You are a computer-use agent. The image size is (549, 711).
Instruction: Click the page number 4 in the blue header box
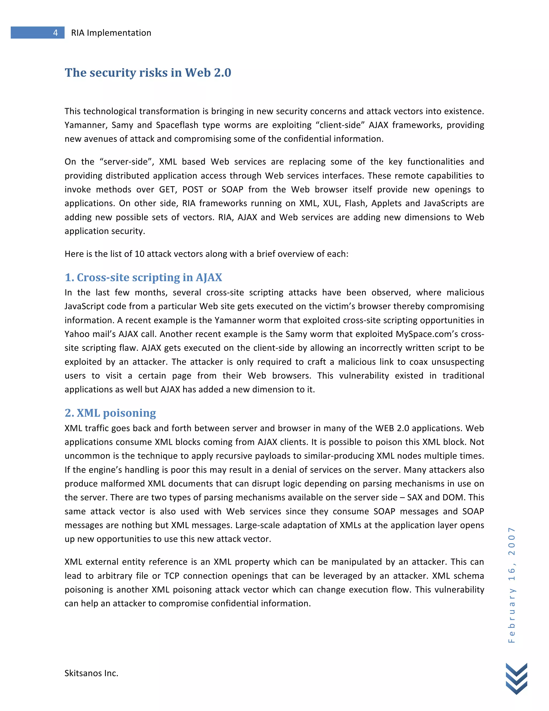55,32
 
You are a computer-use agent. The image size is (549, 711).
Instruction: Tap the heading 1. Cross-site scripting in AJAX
143,277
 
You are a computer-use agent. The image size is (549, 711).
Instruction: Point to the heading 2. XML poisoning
110,413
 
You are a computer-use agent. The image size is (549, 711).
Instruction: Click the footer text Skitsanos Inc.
91,673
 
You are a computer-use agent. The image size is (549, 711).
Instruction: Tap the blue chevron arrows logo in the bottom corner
517,679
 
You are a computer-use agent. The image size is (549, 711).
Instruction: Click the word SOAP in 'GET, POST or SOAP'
232,189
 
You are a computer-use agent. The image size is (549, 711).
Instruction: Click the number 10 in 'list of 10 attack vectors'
139,254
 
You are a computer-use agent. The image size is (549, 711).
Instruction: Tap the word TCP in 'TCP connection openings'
172,576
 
